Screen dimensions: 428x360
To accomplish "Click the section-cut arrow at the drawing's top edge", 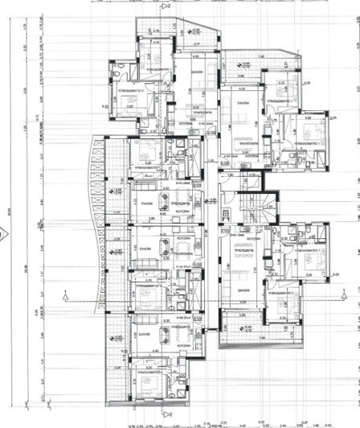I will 165,6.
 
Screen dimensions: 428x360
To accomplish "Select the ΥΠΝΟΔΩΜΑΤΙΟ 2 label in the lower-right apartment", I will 288,294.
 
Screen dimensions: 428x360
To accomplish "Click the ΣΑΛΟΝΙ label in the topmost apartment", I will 194,72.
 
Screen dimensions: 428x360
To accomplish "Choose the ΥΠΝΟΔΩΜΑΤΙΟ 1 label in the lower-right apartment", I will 309,250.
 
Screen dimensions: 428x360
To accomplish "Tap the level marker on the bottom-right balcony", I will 247,327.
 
